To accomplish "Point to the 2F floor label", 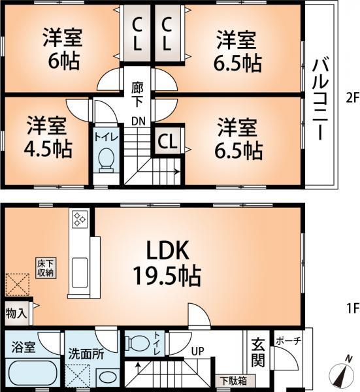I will click(x=352, y=99).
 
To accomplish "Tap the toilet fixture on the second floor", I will click(x=105, y=159).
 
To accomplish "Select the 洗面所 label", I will click(x=87, y=354).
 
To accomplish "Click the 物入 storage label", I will click(x=16, y=313).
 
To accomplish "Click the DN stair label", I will click(x=138, y=121).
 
